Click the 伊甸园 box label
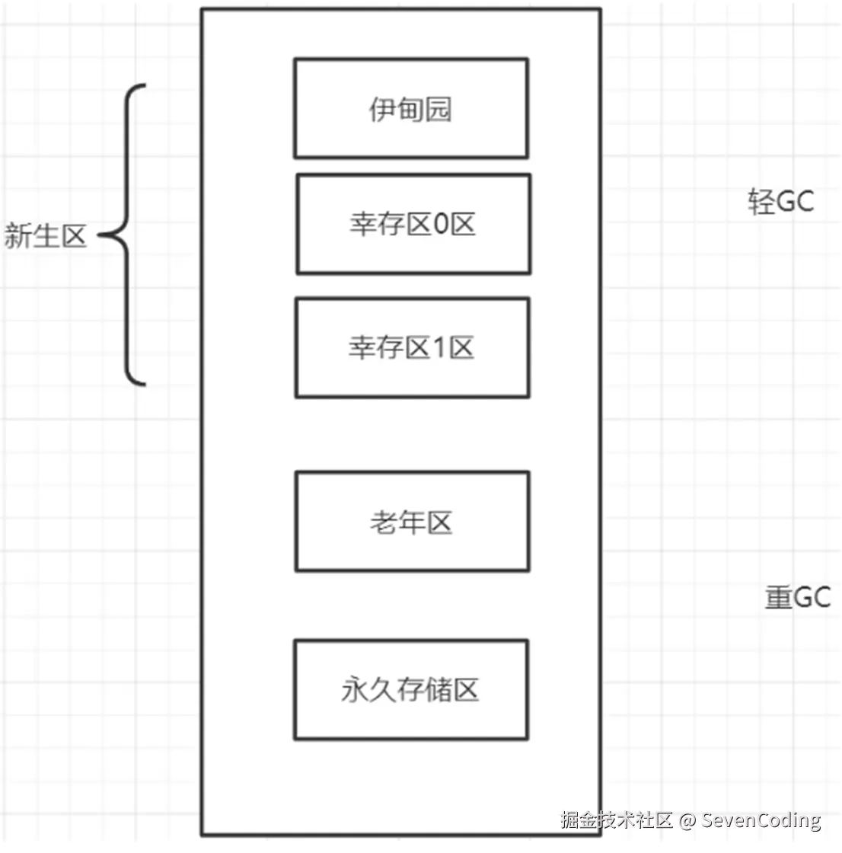point(410,110)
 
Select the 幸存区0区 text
point(413,224)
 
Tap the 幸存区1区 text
point(411,347)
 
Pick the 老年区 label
point(411,522)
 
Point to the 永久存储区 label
point(410,690)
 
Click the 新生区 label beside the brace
point(45,236)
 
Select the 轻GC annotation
point(781,201)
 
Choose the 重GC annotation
point(798,597)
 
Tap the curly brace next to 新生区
point(126,235)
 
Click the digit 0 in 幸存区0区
point(440,224)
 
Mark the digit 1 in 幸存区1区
point(439,347)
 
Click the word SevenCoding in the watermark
point(761,819)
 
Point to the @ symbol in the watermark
point(687,819)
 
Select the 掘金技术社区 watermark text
point(617,819)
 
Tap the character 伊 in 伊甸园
point(382,110)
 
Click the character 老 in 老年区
point(384,522)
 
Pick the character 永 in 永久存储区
point(355,690)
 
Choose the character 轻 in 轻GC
point(761,201)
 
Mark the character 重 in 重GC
point(778,597)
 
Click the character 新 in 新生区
point(18,236)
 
